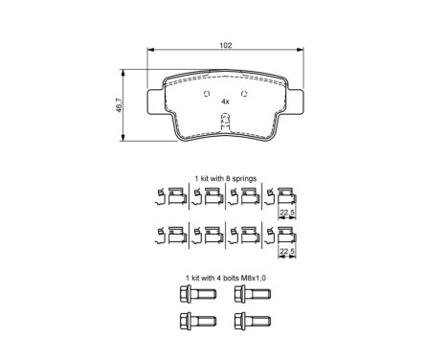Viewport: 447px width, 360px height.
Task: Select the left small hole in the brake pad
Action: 208,93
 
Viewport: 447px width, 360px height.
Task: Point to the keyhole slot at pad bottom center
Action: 225,122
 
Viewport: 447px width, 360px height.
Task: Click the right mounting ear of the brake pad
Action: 297,98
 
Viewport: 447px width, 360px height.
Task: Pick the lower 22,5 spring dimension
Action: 285,251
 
